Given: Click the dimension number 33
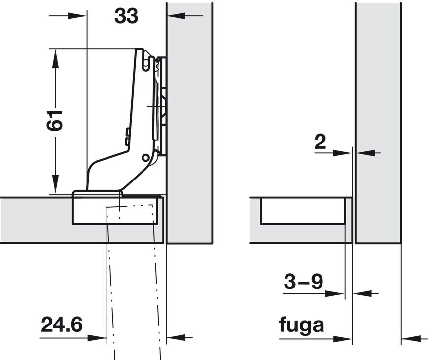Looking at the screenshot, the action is (126, 16).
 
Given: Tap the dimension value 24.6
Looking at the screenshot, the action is (62, 324).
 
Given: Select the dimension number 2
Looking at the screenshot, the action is (321, 142).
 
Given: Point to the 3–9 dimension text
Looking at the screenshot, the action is (304, 282).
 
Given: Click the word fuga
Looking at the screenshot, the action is (301, 325).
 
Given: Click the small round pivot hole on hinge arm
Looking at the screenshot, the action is (145, 158).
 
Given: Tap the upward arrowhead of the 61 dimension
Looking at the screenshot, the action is (55, 58).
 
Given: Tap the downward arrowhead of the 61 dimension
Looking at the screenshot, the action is (55, 184).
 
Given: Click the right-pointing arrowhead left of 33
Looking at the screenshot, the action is (77, 16).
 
